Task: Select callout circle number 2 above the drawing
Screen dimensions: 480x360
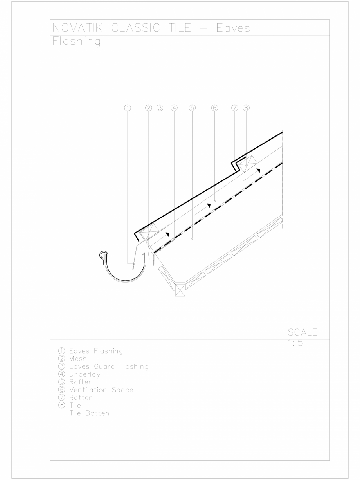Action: coord(148,108)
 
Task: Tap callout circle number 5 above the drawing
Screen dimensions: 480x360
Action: coord(192,108)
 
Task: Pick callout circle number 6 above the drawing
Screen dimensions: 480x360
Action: coord(214,108)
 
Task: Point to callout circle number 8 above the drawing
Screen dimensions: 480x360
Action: coord(246,108)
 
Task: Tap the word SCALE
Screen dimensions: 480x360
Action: coord(302,333)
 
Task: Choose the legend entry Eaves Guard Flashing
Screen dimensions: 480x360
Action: coord(103,367)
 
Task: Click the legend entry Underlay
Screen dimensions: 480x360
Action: coord(80,375)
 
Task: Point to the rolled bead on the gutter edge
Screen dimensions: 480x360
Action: coord(103,255)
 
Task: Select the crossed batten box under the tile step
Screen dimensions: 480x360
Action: coord(248,162)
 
